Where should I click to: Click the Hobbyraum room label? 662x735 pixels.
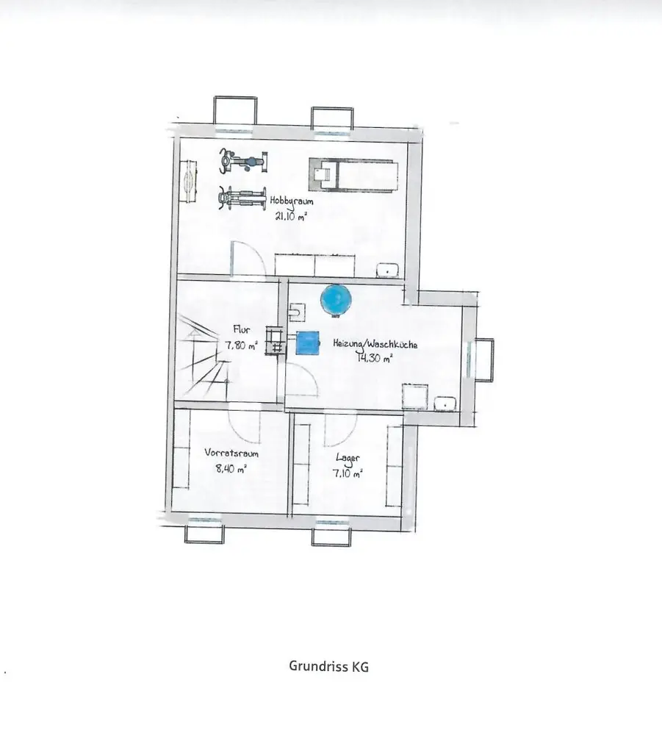pos(292,200)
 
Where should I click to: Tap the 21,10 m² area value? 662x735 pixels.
pos(290,216)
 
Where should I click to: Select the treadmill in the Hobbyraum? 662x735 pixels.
pos(353,174)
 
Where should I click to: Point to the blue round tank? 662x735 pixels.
pos(337,298)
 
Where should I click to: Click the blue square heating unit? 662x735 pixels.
pos(309,343)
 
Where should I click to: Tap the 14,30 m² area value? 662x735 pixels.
pos(375,358)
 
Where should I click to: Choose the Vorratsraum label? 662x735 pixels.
pos(231,453)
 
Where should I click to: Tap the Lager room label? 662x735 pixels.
pos(348,458)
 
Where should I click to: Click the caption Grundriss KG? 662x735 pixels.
pos(328,667)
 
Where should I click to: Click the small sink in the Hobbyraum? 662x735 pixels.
pos(388,270)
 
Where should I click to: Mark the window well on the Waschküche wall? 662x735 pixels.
pos(483,359)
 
